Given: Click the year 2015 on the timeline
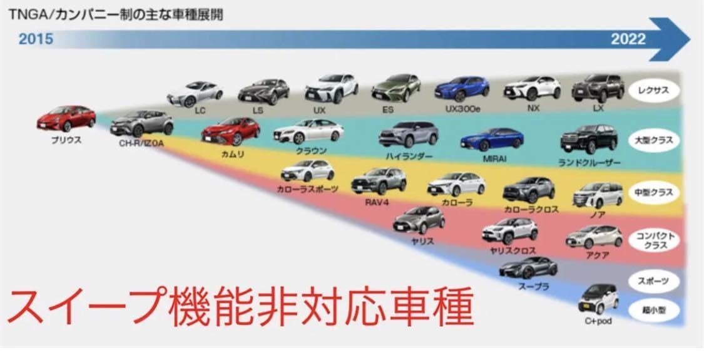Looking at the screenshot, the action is (x=36, y=39).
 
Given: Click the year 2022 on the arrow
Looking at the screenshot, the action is (x=628, y=39).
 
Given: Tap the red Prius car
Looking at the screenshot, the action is (x=66, y=118).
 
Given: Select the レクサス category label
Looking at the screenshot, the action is (x=654, y=90).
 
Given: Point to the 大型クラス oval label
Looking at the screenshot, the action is (x=654, y=140).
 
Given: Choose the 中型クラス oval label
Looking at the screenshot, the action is (x=654, y=192).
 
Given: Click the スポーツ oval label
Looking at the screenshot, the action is (x=654, y=281).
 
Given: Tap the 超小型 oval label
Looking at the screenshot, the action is (x=654, y=310).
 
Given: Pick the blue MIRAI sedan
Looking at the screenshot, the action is (x=492, y=140).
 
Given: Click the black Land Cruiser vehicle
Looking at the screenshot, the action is (x=589, y=139).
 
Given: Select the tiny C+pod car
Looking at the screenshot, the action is (x=598, y=299).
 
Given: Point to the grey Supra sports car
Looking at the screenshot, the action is (x=528, y=268).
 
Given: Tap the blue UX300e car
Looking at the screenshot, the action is (x=462, y=88).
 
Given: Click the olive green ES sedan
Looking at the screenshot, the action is (x=396, y=88).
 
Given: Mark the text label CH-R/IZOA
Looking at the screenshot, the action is (x=141, y=144).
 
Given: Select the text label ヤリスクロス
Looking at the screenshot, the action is (x=513, y=251).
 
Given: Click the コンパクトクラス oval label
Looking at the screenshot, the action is (x=654, y=240).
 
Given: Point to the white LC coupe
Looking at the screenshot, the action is (x=195, y=94).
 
